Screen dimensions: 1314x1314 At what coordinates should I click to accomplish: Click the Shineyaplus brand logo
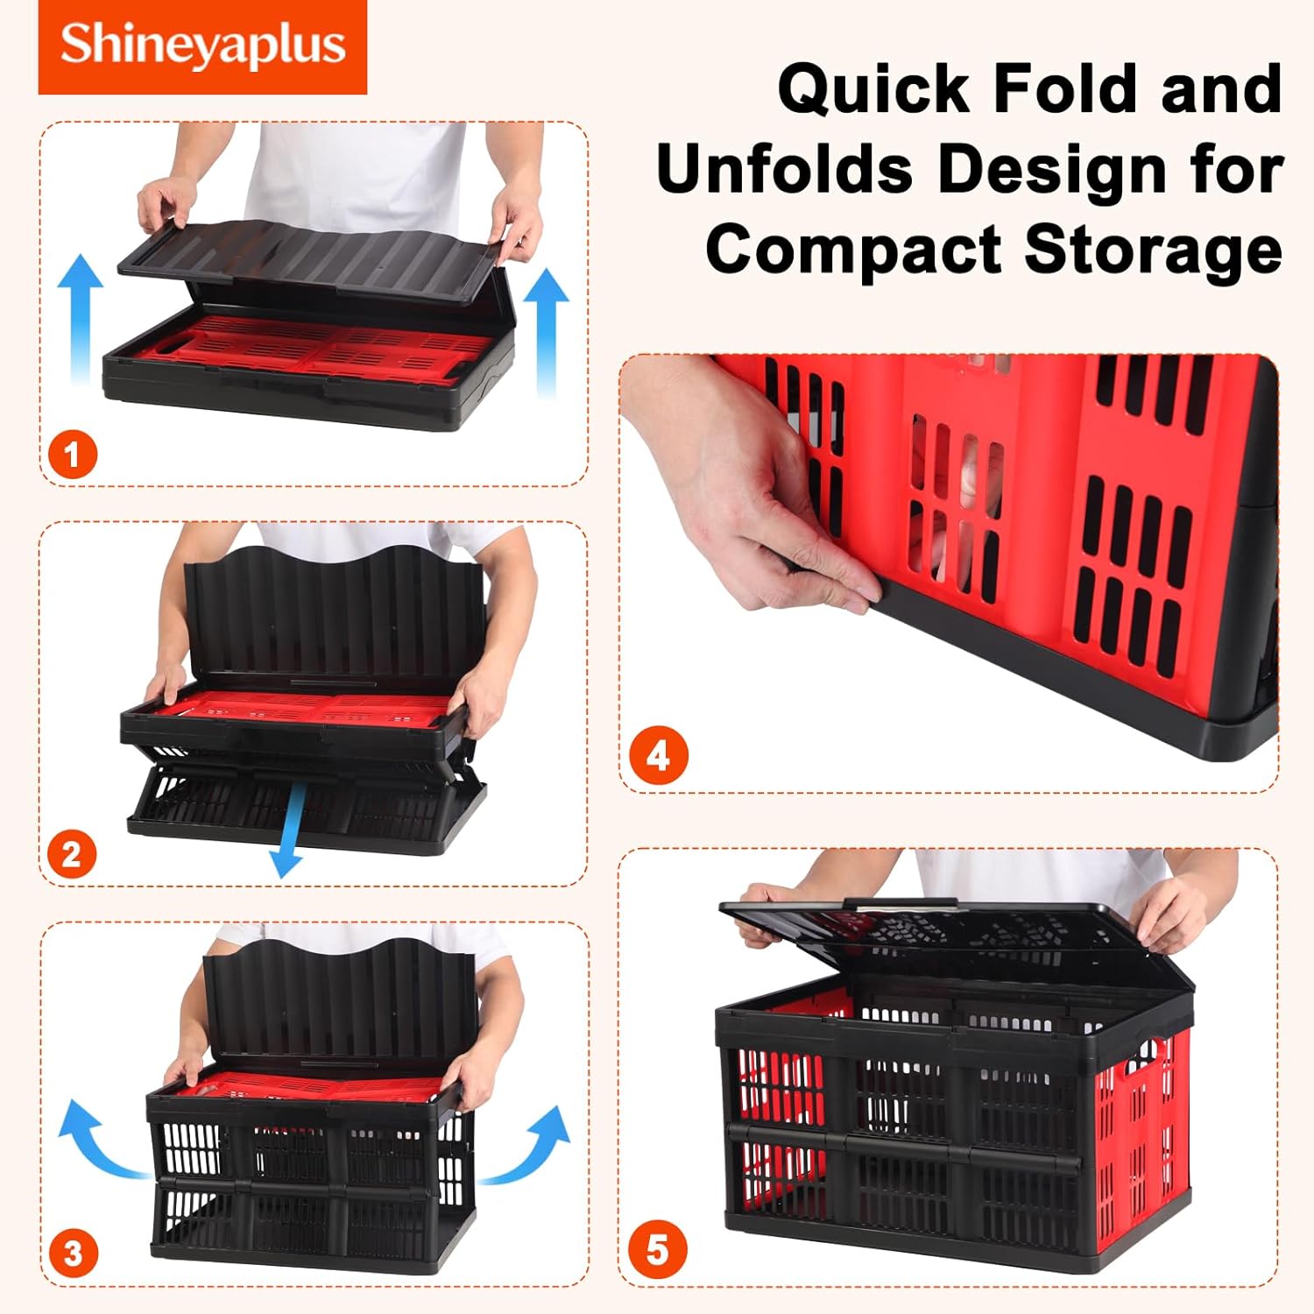202,47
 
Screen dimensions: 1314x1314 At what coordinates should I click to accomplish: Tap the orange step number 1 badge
72,455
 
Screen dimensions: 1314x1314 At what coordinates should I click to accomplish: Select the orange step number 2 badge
72,854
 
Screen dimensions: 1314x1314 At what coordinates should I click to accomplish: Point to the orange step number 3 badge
72,1254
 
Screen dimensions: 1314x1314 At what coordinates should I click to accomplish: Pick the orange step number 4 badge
658,755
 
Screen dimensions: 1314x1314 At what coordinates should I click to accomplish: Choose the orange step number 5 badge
658,1250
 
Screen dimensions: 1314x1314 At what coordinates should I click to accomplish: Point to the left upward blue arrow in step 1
81,319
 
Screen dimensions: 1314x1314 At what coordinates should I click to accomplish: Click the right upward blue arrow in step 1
547,333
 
